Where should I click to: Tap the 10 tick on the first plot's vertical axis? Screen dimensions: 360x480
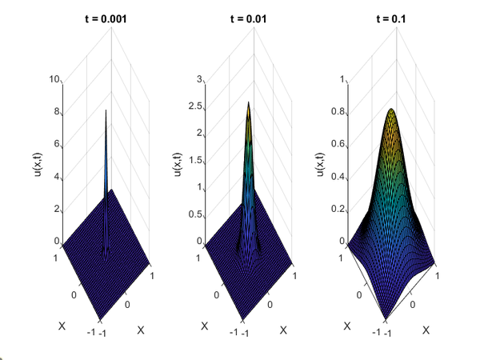54,80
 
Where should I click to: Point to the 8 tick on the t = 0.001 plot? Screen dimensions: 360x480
56,113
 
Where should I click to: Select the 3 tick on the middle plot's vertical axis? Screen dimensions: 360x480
199,80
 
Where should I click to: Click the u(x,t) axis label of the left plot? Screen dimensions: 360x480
36,160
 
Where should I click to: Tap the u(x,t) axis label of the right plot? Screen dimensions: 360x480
320,160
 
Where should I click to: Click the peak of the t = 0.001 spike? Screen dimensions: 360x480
106,110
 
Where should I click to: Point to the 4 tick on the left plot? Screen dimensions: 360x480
56,177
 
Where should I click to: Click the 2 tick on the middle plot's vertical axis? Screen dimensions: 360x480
199,134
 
